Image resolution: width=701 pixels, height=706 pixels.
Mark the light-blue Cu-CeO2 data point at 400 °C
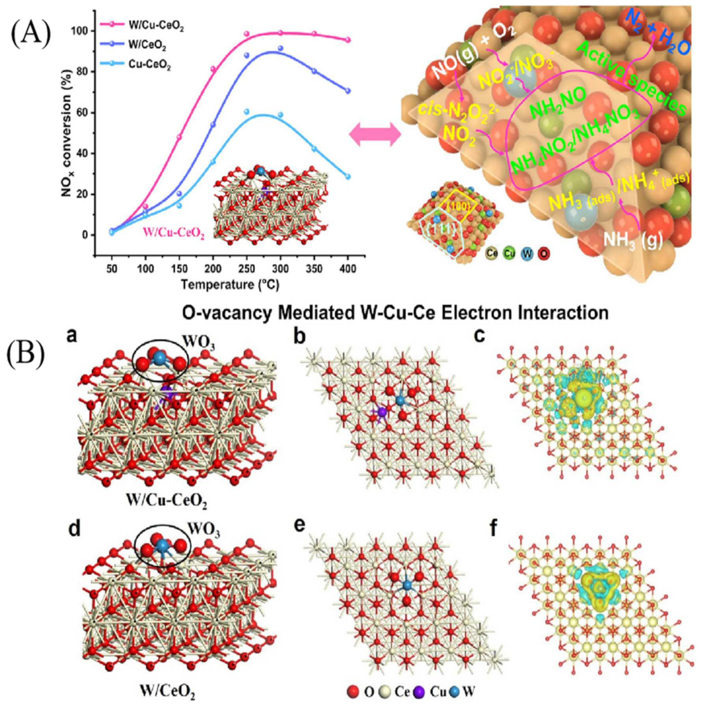point(347,176)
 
